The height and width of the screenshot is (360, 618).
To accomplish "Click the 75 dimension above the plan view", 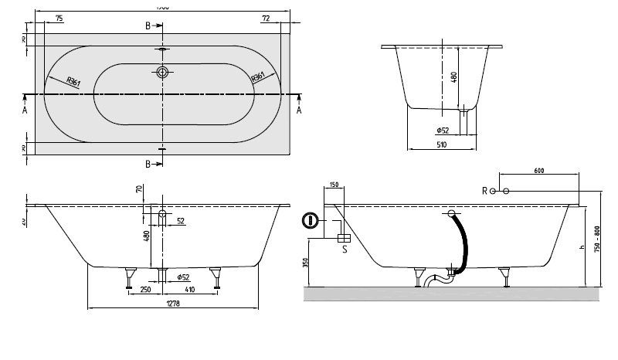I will coord(59,17).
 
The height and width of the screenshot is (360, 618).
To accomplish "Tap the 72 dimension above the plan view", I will coord(265,17).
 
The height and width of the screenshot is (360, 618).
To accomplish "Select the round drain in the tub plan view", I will coord(162,73).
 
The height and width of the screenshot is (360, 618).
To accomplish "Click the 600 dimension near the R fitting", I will coord(540,170).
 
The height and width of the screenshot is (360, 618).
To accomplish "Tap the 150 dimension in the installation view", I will coord(333,185).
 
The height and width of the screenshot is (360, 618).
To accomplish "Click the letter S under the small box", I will coord(344,249).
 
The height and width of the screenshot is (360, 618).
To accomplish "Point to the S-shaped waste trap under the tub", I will coord(436,278).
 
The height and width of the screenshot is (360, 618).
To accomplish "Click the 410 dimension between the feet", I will coord(189,290).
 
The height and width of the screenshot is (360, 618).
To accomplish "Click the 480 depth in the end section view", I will coord(454,77).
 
